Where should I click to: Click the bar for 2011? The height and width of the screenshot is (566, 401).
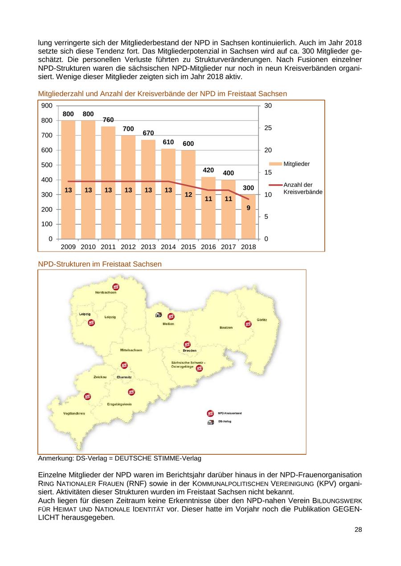[108, 182]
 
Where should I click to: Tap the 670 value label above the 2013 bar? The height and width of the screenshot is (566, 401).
[148, 133]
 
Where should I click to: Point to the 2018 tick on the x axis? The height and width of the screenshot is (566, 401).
[249, 247]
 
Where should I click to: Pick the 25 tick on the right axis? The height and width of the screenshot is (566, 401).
[268, 128]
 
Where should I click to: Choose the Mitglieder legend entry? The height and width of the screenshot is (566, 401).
[296, 164]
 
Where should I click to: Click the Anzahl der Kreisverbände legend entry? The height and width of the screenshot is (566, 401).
[303, 188]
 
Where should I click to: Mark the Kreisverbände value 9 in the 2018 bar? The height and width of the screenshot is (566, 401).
[248, 207]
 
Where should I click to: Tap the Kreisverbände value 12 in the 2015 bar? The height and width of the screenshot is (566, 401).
[188, 194]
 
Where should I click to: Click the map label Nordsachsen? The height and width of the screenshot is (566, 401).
[106, 292]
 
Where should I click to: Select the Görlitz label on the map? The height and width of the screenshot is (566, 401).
[262, 320]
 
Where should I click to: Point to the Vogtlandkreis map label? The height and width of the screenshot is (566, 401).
[74, 413]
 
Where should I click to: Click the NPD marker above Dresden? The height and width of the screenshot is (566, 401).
[187, 344]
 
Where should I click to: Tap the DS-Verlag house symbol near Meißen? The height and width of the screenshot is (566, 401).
[158, 315]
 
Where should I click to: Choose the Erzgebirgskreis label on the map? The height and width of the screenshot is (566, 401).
[119, 404]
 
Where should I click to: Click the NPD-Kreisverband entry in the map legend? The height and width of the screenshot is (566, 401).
[229, 413]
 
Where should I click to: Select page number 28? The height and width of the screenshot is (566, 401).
[358, 530]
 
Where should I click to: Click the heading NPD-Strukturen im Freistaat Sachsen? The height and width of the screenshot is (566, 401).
[100, 264]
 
